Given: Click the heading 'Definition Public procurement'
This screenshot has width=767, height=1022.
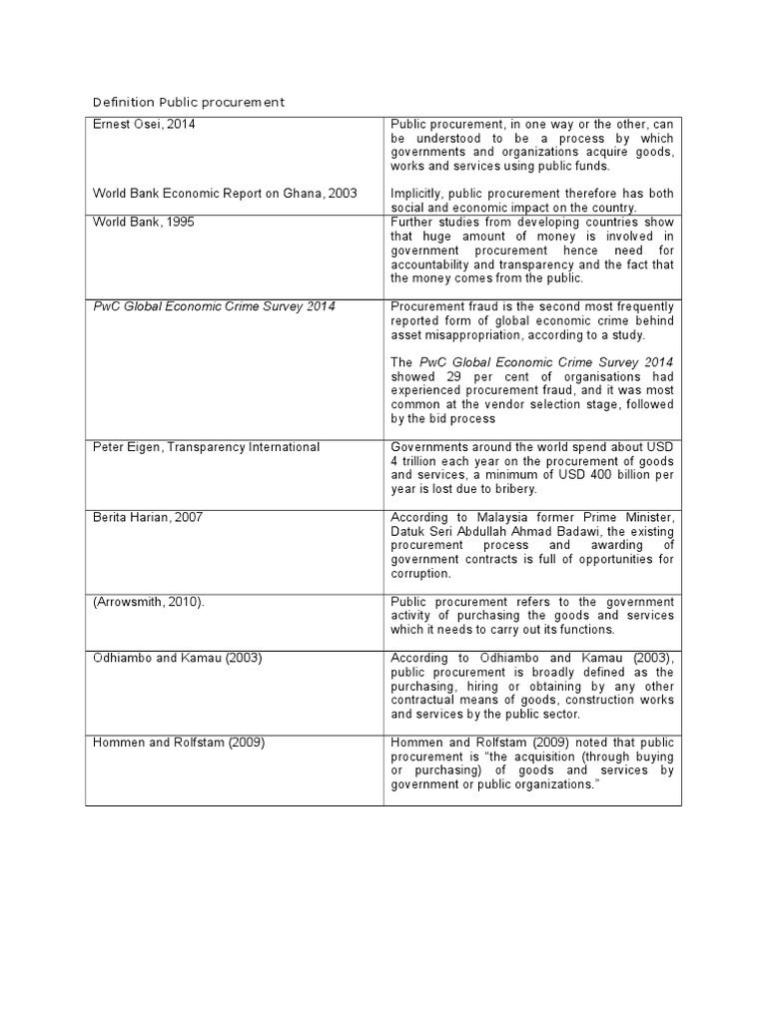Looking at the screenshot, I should [188, 102].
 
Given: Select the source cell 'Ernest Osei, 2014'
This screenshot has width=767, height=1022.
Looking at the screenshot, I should [145, 123].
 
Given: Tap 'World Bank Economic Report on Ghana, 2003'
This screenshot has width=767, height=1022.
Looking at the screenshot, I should [225, 193].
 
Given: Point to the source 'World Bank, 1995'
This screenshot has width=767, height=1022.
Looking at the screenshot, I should [143, 222].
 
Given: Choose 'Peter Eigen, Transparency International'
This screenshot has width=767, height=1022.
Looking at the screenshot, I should [206, 447].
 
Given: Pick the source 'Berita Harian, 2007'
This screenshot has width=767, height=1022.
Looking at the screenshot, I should [148, 517].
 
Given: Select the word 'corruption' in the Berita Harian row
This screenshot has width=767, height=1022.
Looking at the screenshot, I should [422, 574].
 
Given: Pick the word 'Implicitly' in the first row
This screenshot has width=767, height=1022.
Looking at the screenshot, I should [418, 193].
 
